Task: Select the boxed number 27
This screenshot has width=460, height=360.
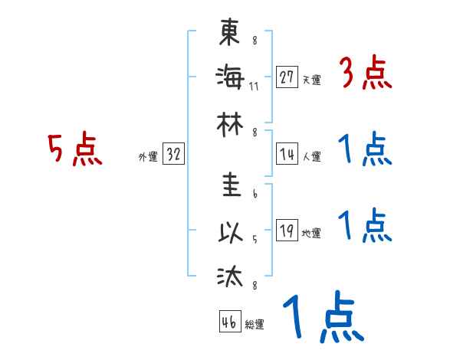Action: click(287, 77)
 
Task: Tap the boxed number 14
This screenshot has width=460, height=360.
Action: click(287, 153)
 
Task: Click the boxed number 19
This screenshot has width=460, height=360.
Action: click(287, 231)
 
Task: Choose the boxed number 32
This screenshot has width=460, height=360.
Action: click(173, 153)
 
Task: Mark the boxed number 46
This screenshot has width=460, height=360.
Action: click(228, 322)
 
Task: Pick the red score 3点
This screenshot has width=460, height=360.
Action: click(366, 74)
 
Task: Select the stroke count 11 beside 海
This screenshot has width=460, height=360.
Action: click(254, 85)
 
